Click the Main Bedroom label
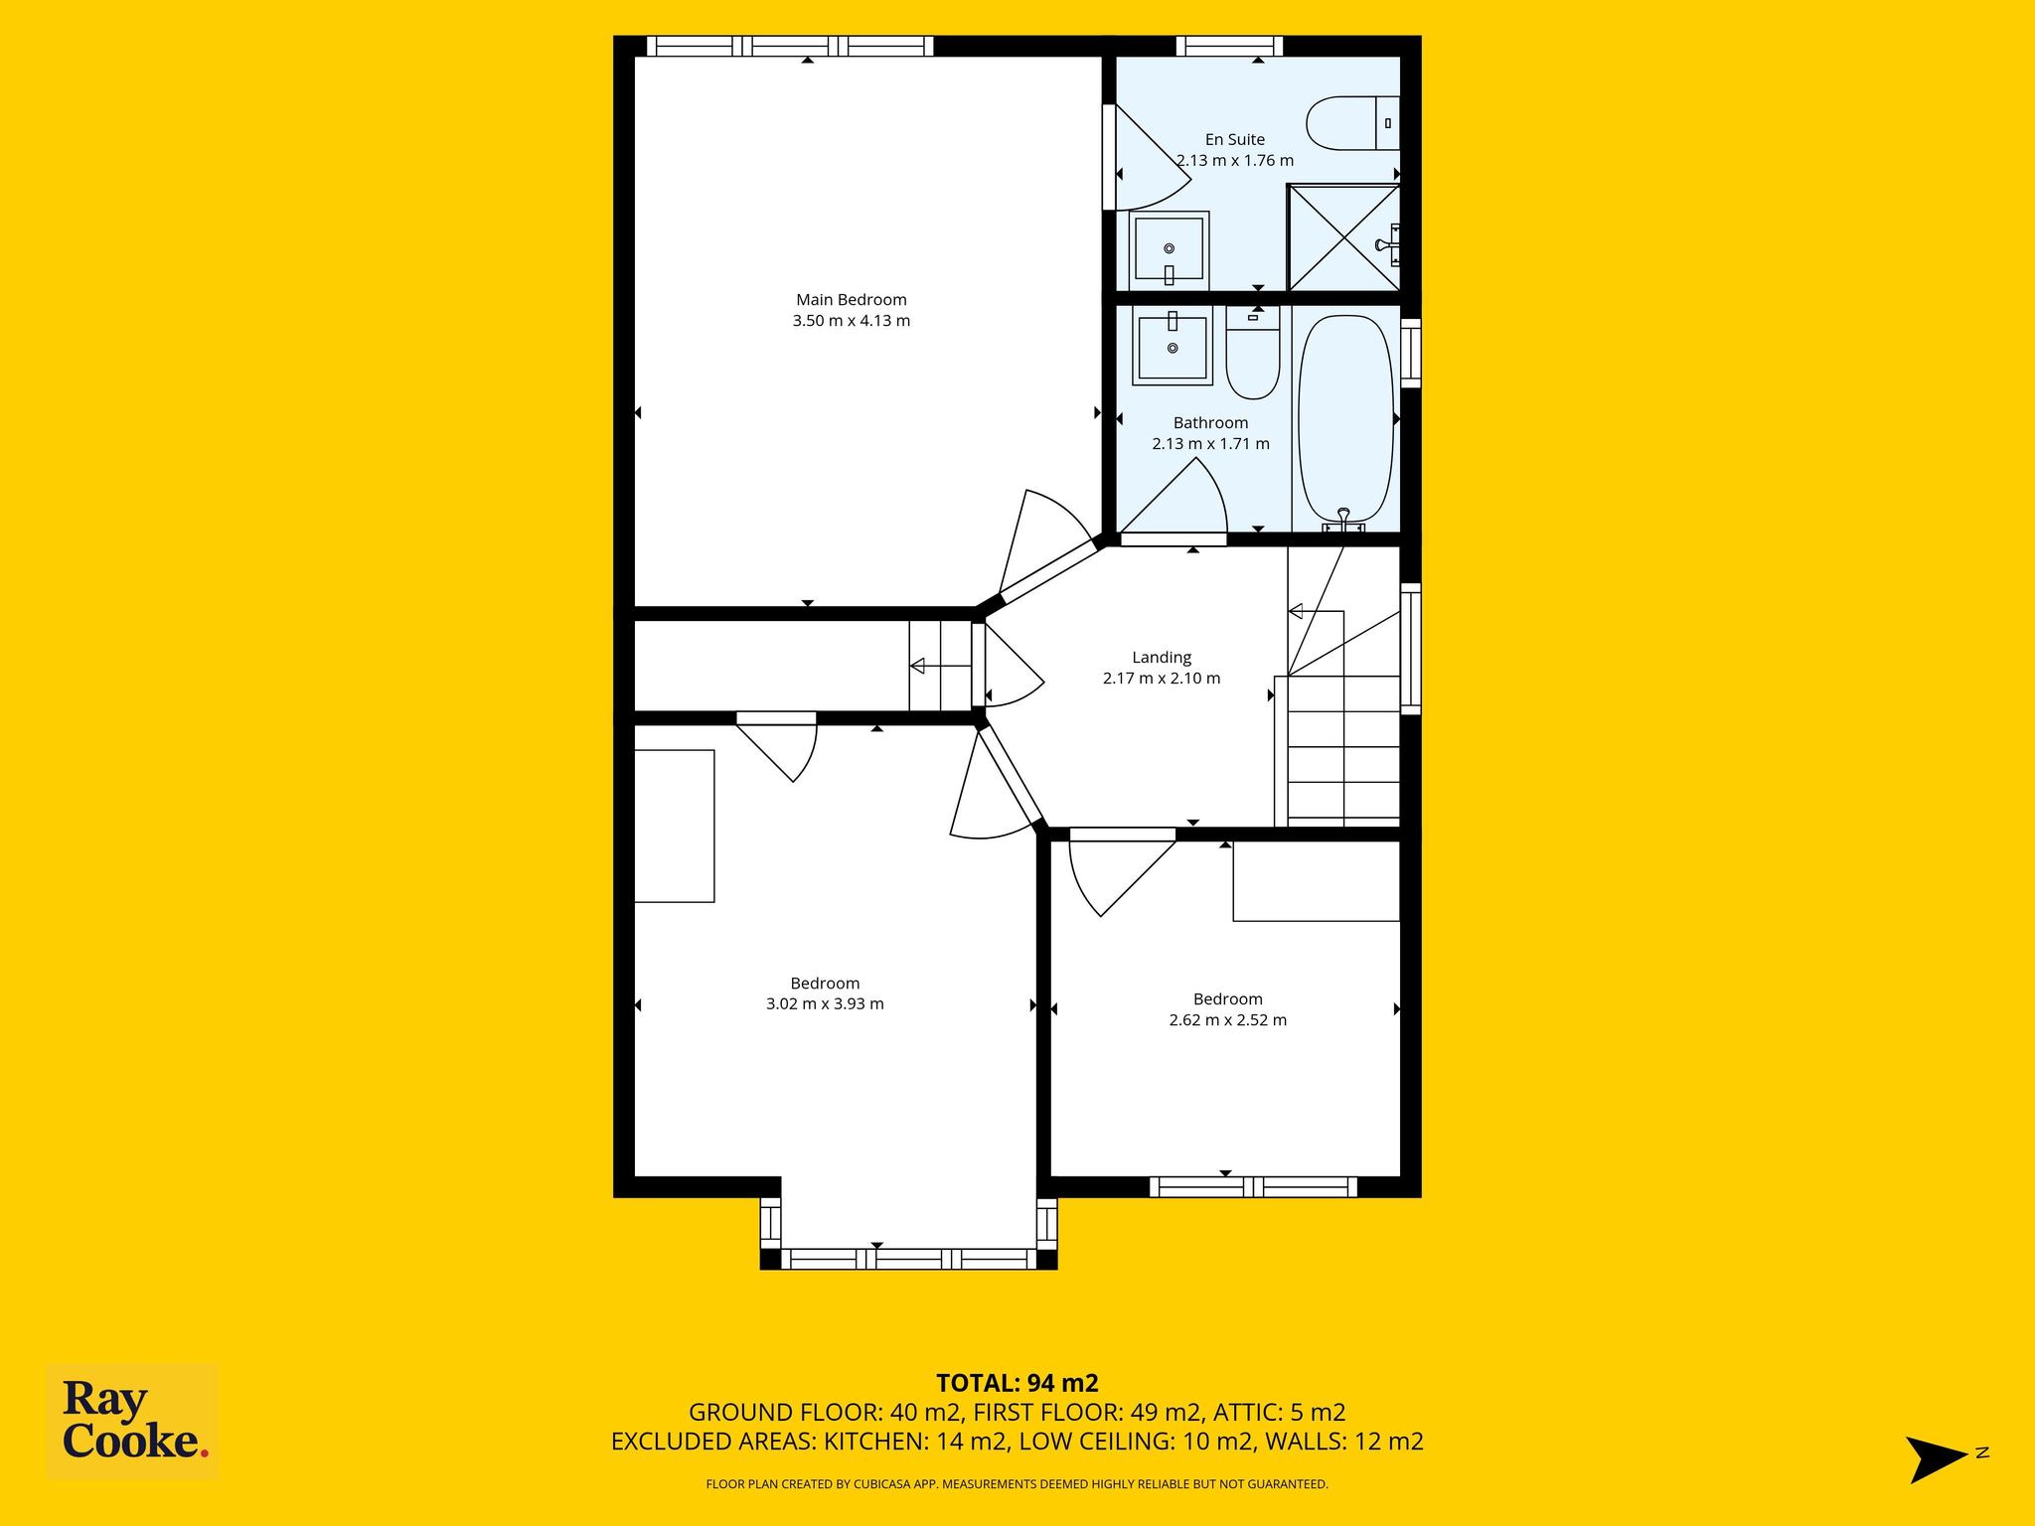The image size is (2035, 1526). (852, 299)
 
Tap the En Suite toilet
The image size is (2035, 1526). (1353, 123)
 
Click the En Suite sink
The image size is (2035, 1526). (1169, 250)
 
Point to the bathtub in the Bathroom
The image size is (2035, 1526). (1346, 418)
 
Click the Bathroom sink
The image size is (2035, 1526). (1174, 345)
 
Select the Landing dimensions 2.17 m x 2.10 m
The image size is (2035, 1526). (1162, 679)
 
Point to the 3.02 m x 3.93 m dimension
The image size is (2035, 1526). (825, 1003)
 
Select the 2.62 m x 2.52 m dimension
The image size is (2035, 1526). (1228, 1020)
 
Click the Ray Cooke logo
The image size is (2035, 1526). (133, 1422)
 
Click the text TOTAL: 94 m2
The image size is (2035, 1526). (1017, 1383)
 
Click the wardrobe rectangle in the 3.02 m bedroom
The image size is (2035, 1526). (675, 827)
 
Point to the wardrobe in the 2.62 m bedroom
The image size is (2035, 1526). (1317, 881)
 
